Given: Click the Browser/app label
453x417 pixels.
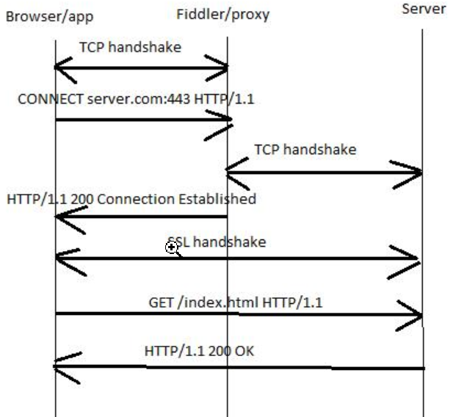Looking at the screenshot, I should (x=50, y=15).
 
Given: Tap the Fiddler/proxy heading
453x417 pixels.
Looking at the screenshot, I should (x=223, y=14).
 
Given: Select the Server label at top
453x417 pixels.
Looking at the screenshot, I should (x=424, y=10).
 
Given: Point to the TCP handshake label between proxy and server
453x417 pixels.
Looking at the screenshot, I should (x=305, y=149).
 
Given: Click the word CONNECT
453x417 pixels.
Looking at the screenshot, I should (x=50, y=98).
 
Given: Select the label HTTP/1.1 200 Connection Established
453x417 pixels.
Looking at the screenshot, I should (x=131, y=199).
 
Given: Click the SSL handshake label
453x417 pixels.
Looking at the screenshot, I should (x=217, y=242).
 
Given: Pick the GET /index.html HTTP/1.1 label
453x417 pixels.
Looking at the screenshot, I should (x=236, y=302).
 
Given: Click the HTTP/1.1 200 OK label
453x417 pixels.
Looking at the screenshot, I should (x=199, y=351).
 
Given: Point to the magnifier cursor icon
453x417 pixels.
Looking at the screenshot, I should (x=173, y=248).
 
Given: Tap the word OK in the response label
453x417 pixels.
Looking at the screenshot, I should (x=244, y=351).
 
